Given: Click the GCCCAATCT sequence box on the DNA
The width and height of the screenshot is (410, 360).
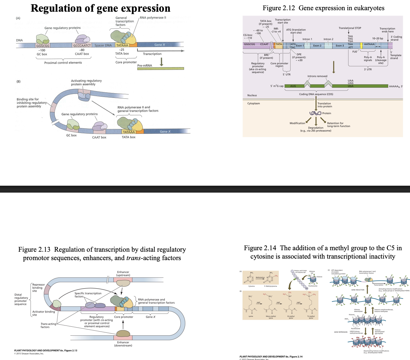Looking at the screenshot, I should coord(82,46).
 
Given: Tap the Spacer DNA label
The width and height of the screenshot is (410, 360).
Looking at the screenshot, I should coord(103,45).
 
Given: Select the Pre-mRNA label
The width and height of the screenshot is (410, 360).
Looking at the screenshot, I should coord(145,65).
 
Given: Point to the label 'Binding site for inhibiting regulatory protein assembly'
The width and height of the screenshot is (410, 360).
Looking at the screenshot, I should coord(31,103).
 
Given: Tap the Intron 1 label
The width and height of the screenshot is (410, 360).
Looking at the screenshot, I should coord(307,39).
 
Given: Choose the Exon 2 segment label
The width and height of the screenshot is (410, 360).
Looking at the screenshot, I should coord(317,46).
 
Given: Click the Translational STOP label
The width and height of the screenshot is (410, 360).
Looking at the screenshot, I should coord(350,28).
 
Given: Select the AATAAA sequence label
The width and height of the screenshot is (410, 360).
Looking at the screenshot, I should coord(369,44).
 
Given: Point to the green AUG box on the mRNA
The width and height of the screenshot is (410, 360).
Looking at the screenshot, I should coord(293,86).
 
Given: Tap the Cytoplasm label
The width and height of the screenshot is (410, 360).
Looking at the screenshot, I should coord(254,103).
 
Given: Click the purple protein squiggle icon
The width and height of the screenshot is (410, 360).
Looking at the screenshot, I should coord(315,113).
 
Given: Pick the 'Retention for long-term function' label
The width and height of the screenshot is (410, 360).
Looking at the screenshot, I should coord(338,124).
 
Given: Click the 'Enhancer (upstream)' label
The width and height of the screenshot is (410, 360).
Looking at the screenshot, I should coord(123,274).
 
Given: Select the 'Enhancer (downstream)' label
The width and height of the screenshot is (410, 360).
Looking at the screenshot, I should coord(123,344).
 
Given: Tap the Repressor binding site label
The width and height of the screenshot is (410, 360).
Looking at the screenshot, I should coord(38,288).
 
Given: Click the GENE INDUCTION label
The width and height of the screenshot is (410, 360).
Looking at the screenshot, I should coord(358,290).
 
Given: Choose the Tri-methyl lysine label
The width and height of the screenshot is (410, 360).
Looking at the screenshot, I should coord(311,317).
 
